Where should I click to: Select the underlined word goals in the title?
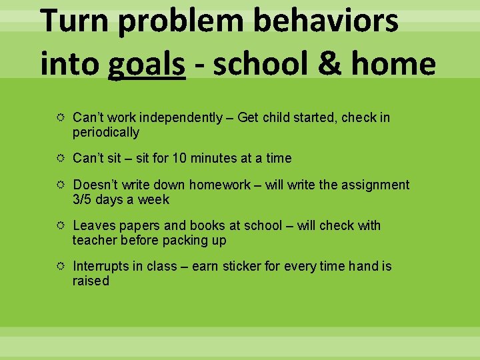coord(147,65)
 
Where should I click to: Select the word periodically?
coord(106,133)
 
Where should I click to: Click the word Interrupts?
coord(101,267)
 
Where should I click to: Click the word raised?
coord(91,281)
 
